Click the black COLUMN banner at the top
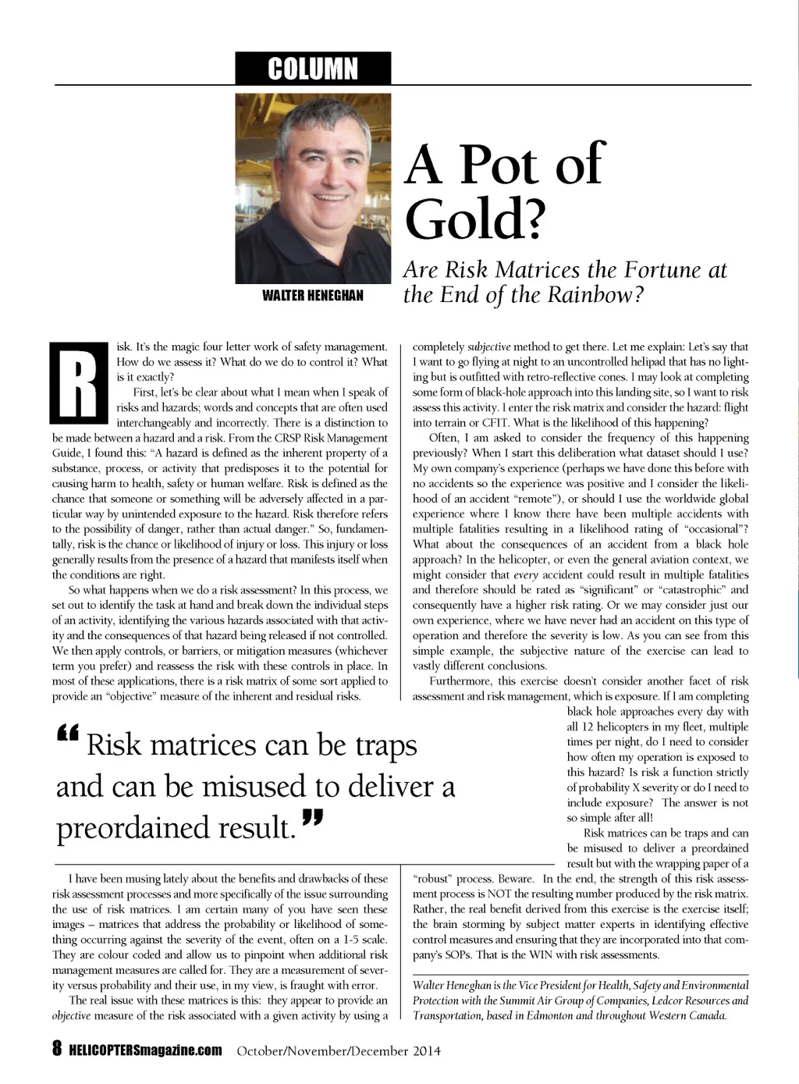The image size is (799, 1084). coord(312,69)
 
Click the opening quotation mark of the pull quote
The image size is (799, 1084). coord(69,734)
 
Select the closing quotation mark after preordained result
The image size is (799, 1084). coord(311,819)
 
